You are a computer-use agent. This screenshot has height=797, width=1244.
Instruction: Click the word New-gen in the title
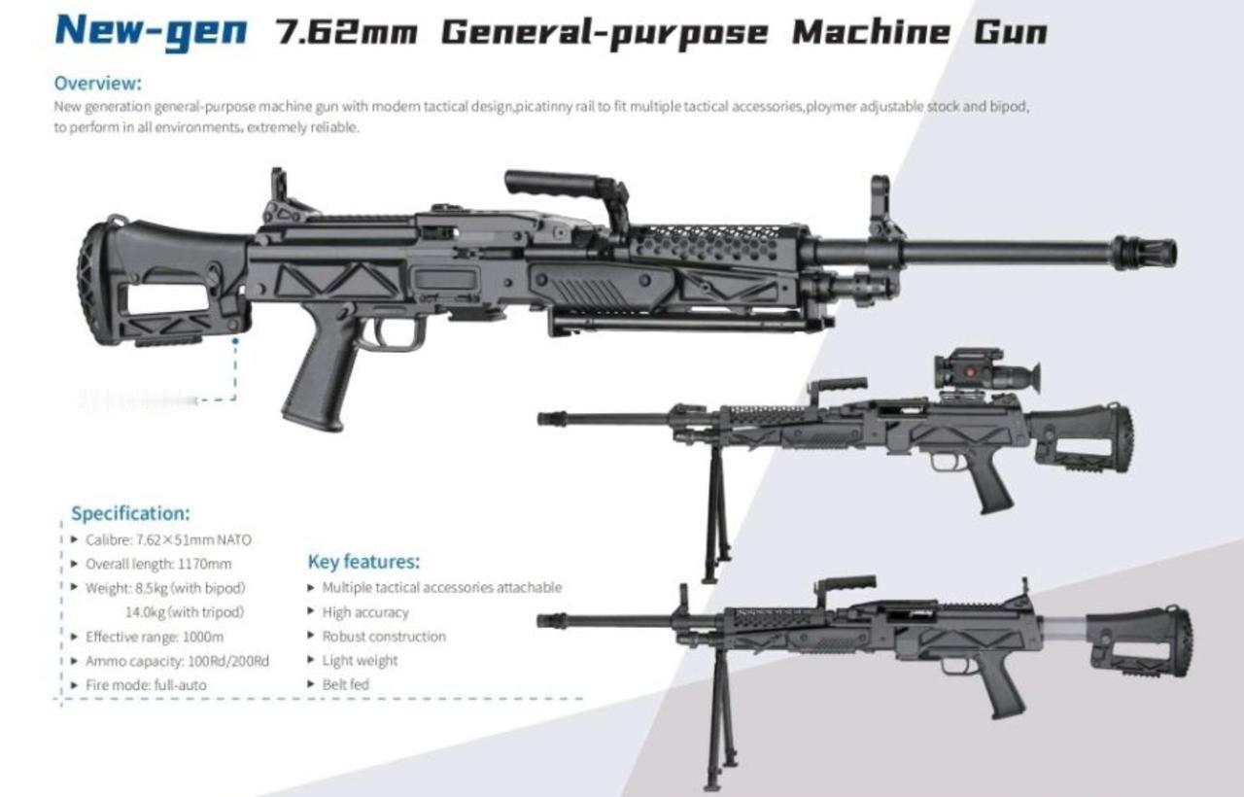coord(151,31)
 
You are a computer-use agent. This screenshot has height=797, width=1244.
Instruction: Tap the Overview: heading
coord(97,83)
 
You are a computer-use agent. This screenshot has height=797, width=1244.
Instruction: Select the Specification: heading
coord(130,513)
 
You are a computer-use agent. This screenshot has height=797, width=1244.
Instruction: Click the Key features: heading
coord(363,562)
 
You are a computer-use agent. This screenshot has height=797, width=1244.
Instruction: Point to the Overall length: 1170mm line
coord(158,564)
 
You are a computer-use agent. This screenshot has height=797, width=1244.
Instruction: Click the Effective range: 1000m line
coord(155,637)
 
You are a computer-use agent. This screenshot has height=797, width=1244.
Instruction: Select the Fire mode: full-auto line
coord(146,685)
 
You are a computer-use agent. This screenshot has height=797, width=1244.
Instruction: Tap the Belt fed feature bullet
coord(345,685)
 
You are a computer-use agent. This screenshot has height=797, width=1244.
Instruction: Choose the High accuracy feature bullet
coord(365,612)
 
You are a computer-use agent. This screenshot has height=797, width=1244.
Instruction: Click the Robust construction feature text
coord(384,637)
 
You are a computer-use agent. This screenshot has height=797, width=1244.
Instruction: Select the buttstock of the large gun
coord(155,282)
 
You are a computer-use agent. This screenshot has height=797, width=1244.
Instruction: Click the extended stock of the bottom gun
coord(1137,640)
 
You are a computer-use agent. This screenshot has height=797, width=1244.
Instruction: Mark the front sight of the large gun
coord(881,204)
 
